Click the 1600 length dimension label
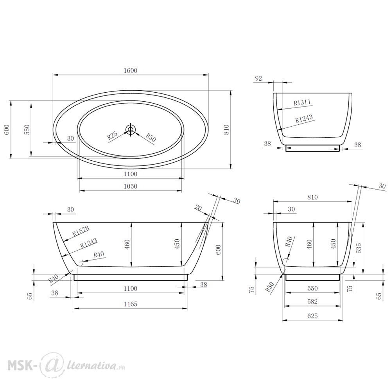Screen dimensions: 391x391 (x=131, y=70)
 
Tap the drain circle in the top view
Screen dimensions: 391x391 (x=130, y=129)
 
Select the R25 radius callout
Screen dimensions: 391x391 (x=112, y=136)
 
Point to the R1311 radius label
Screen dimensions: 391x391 (x=302, y=102)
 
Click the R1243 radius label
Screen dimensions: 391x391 (x=304, y=118)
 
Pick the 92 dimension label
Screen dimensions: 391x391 (x=258, y=78)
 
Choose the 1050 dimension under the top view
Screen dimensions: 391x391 (x=131, y=186)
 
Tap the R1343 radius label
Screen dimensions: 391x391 (x=89, y=243)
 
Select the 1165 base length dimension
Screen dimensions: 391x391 (x=131, y=304)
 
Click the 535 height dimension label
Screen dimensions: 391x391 (x=359, y=248)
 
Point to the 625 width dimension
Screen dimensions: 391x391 (x=312, y=316)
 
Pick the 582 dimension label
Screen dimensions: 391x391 (x=312, y=302)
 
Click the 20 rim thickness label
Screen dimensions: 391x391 (x=199, y=208)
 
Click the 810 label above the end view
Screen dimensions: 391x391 (x=312, y=197)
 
